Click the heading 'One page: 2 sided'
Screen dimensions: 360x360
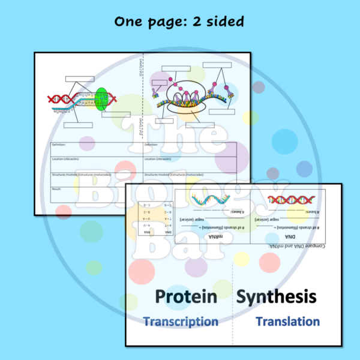point(179,22)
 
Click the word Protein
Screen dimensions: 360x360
point(186,297)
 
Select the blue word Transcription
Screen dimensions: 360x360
point(181,322)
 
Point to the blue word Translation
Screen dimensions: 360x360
point(287,322)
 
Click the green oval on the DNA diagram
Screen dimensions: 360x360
point(101,99)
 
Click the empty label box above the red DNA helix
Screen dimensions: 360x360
point(79,79)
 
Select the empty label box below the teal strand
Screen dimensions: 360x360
point(78,125)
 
